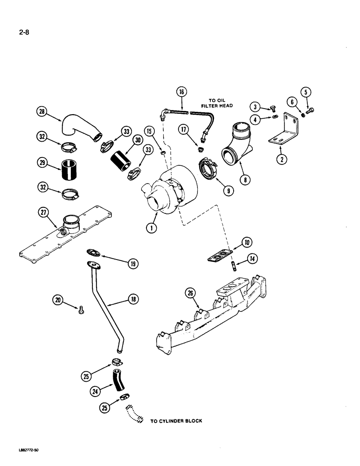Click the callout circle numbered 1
(x=150, y=228)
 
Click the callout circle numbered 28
(x=43, y=111)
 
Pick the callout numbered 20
(x=58, y=301)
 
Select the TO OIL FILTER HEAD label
(x=217, y=103)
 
